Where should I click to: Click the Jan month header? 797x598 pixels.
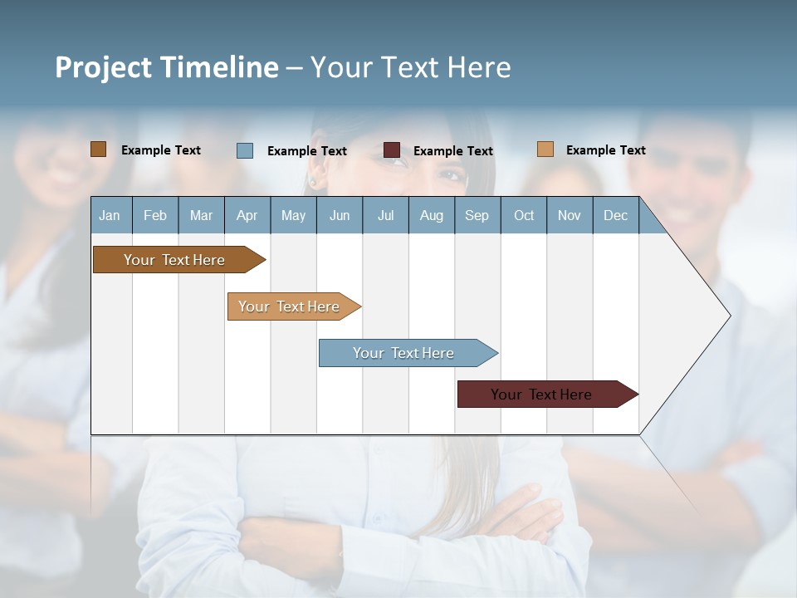point(110,216)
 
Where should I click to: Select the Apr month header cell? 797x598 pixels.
point(247,216)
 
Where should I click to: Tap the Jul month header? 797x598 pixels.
point(385,216)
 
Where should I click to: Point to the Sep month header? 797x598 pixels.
point(477,216)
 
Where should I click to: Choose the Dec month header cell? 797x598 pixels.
point(615,216)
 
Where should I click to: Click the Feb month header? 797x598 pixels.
point(155,216)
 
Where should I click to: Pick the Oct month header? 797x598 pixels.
point(524,216)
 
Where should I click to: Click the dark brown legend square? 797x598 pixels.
point(99,149)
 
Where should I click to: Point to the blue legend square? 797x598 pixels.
point(245,150)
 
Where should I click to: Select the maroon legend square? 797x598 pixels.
point(392,150)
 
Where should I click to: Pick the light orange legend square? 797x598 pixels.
point(545,149)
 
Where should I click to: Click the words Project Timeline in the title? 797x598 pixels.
point(167,67)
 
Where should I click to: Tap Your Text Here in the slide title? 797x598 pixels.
point(411,67)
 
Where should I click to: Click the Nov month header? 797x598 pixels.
point(570,216)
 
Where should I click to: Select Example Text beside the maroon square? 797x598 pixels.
point(452,151)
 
